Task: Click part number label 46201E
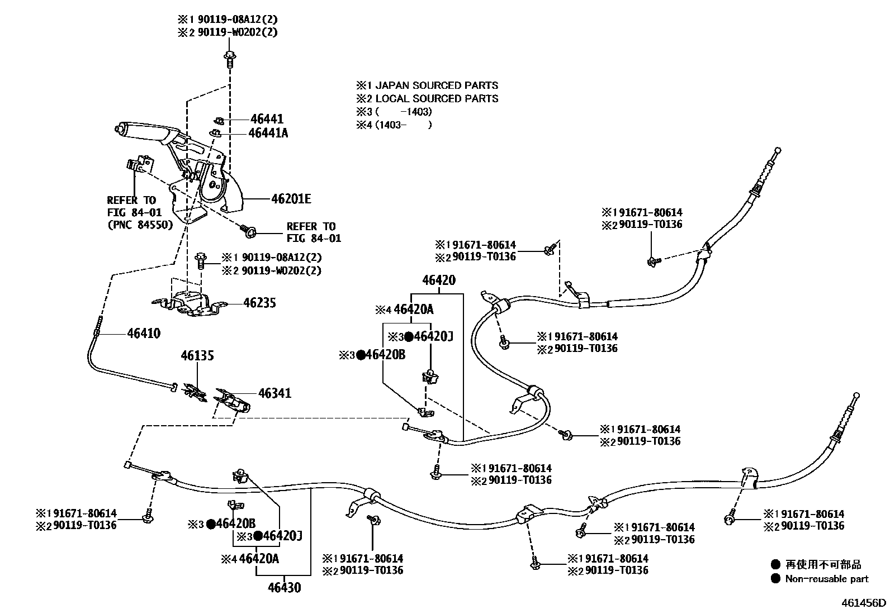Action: [291, 199]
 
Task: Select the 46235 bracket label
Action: [259, 303]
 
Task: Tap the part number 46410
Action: [144, 334]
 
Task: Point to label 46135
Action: [197, 355]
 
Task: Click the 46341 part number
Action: [274, 393]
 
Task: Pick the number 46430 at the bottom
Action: [284, 588]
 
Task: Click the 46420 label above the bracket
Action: [439, 280]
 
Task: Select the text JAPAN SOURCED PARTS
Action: [436, 85]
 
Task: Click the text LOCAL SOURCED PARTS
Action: [436, 99]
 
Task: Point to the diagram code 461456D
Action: [864, 603]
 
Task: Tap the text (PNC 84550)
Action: [139, 225]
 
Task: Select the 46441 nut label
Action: [267, 119]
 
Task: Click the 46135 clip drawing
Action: [194, 392]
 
